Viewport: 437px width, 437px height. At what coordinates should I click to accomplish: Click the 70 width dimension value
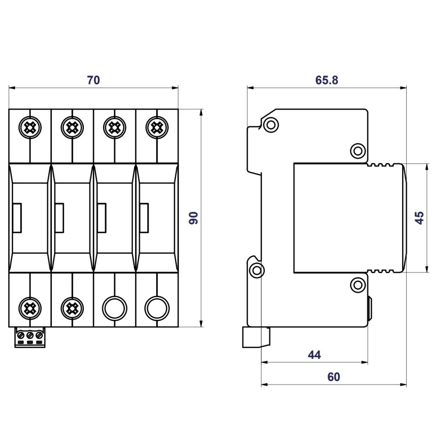[x=94, y=80]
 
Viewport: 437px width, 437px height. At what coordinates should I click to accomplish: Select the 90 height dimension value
[x=193, y=218]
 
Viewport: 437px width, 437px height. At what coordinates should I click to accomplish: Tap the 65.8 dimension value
[x=326, y=80]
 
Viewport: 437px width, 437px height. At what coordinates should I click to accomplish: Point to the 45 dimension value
[x=419, y=218]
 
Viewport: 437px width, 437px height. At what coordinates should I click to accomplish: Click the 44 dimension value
[x=314, y=355]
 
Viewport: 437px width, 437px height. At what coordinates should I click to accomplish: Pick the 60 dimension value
[x=334, y=377]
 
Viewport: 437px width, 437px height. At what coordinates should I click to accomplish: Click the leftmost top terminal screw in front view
[x=30, y=128]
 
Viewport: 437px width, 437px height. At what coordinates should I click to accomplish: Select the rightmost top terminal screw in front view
[x=157, y=128]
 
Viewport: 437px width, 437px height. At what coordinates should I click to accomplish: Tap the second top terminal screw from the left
[x=72, y=128]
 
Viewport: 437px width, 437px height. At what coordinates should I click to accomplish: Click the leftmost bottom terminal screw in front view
[x=30, y=308]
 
